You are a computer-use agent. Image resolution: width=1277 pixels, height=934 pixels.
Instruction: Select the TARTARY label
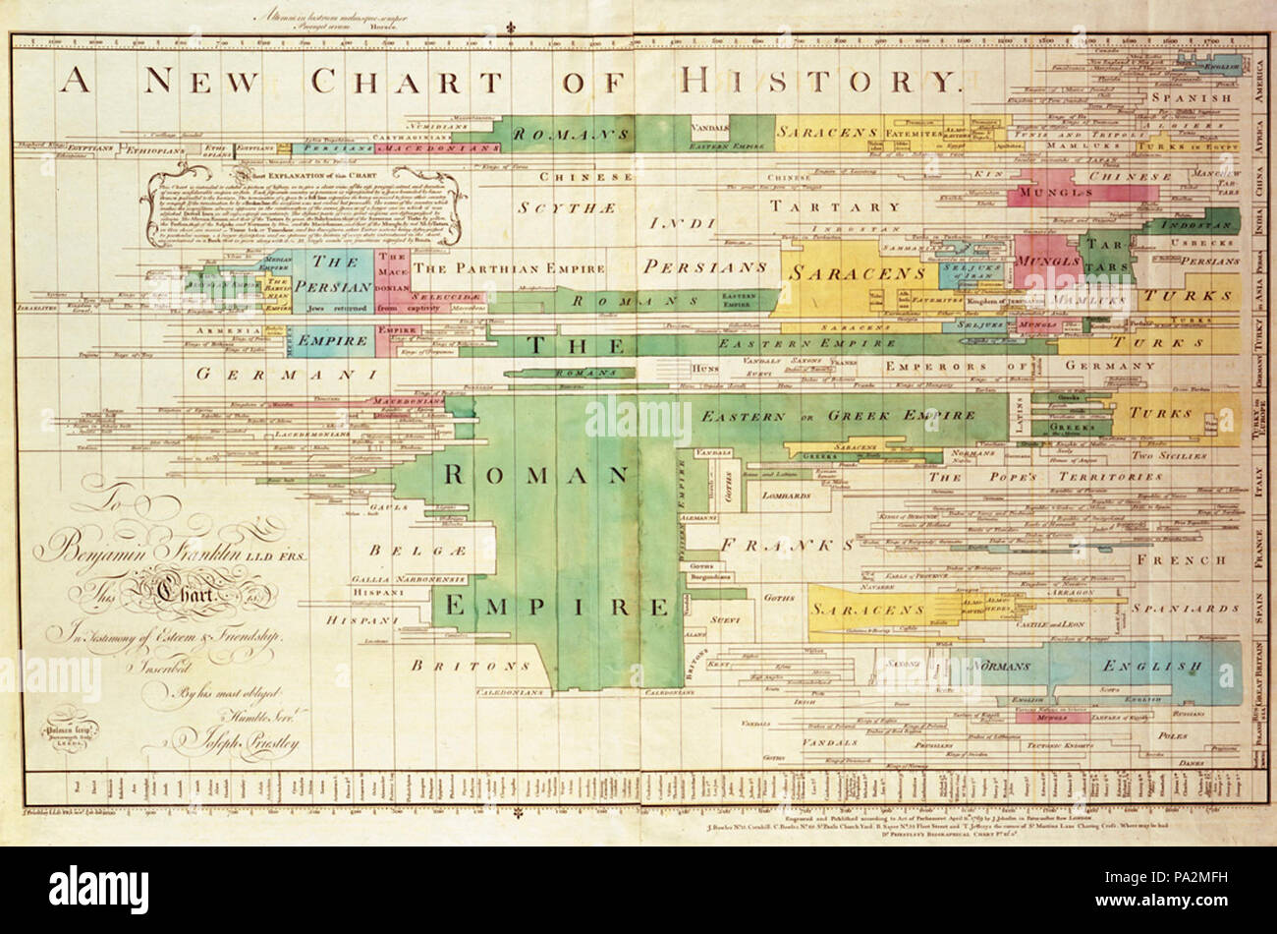click(x=835, y=207)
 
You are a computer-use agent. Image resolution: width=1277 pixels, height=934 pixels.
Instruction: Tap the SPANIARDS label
click(x=1187, y=610)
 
